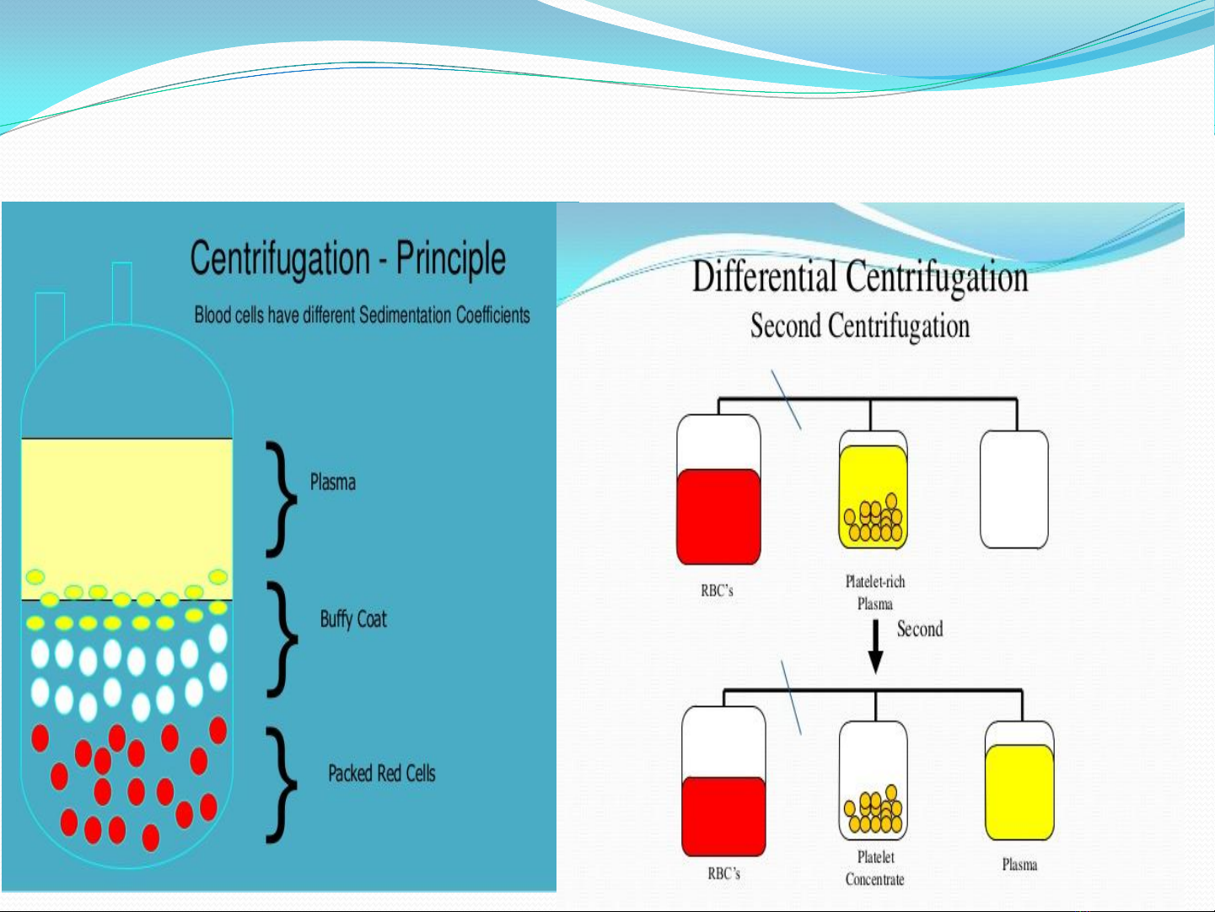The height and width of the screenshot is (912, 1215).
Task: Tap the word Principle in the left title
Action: [450, 259]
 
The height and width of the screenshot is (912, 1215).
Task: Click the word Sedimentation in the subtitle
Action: [406, 315]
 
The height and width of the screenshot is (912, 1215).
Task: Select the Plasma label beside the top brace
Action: [333, 483]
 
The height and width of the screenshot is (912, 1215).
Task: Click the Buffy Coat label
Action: [353, 619]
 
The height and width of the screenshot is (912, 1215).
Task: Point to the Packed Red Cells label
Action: [382, 773]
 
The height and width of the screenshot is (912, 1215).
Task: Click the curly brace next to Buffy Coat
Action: [282, 639]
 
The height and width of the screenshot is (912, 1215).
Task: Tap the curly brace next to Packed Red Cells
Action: [282, 785]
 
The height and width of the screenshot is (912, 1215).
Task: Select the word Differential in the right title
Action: [765, 277]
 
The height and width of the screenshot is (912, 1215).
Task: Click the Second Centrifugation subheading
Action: [860, 326]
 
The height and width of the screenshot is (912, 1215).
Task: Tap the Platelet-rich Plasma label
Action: [875, 592]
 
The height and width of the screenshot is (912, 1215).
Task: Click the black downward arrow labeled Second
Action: [875, 647]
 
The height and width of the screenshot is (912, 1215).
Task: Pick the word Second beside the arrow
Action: [920, 629]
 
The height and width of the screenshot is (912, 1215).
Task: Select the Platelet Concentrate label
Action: [874, 868]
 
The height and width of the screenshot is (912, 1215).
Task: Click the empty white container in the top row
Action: [1014, 490]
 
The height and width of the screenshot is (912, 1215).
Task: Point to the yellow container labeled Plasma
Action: [1019, 780]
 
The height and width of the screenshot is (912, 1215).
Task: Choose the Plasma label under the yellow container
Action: [1019, 865]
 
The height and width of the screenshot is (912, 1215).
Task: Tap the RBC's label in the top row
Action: [717, 591]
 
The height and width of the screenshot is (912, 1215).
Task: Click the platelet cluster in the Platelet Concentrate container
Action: [873, 810]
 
